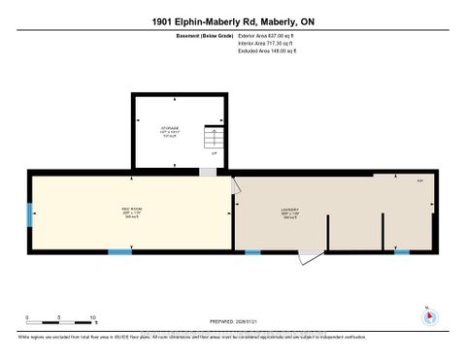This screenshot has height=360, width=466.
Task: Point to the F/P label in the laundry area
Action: pyautogui.click(x=392, y=180)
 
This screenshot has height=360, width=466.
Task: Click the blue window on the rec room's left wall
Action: pyautogui.click(x=29, y=213)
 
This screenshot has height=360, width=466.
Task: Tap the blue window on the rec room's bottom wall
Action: pyautogui.click(x=119, y=252)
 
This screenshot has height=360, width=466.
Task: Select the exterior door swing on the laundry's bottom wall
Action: pyautogui.click(x=309, y=258)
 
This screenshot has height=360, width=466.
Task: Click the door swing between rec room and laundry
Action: pyautogui.click(x=236, y=186)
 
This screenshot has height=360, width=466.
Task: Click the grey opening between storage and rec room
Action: pyautogui.click(x=207, y=172)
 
